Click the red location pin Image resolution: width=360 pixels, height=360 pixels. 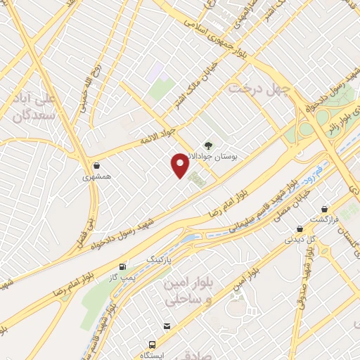(x=180, y=165)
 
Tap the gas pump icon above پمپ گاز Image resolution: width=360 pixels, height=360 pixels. (x=124, y=266)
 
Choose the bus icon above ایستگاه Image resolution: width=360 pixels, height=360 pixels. (x=152, y=345)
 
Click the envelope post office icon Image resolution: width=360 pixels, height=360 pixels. (x=167, y=326)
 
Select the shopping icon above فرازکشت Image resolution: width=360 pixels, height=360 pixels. (x=324, y=210)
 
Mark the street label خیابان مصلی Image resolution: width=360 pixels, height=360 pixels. (x=288, y=202)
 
